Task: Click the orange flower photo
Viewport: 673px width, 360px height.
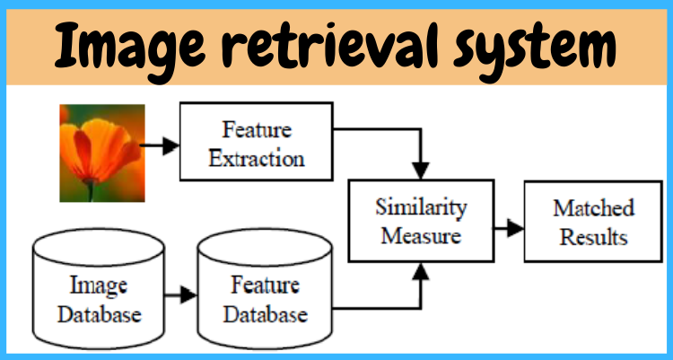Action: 101,152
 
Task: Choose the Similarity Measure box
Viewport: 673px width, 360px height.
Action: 421,222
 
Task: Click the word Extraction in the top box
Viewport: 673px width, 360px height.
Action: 256,159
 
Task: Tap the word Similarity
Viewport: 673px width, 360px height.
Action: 421,209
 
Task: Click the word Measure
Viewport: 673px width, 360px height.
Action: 421,236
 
